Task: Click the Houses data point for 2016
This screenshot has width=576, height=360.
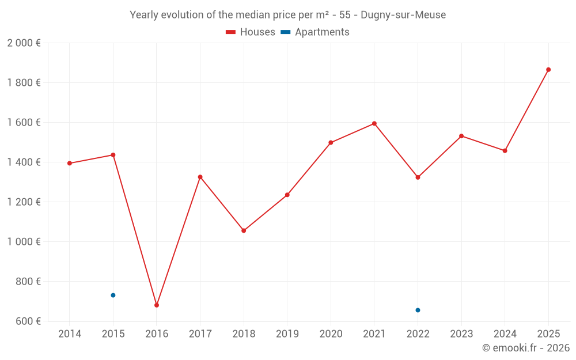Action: [157, 305]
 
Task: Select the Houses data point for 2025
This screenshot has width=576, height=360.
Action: [548, 70]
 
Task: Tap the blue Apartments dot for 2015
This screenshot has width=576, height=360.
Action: [113, 295]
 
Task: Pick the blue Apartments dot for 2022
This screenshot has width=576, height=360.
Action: [418, 310]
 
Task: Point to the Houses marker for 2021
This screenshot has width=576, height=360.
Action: [374, 124]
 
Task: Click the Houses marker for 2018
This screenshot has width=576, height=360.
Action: [244, 230]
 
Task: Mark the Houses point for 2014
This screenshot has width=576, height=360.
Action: [70, 164]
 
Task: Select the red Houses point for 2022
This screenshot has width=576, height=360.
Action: [418, 177]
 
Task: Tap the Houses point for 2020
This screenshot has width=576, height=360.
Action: [331, 143]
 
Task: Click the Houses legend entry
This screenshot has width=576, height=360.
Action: [251, 32]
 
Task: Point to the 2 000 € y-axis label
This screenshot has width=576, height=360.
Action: [24, 43]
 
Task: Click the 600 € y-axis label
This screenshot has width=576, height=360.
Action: [28, 321]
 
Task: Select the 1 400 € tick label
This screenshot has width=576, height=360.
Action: [24, 162]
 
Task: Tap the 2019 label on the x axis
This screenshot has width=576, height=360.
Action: [287, 334]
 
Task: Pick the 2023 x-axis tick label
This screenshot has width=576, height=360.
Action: [461, 334]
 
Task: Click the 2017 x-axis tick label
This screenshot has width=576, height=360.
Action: [200, 334]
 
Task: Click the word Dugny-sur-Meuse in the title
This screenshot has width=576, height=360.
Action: [403, 15]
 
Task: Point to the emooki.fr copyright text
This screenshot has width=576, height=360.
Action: [526, 348]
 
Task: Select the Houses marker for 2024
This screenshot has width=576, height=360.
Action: [505, 151]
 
